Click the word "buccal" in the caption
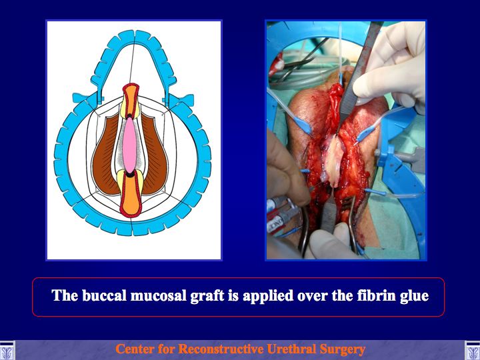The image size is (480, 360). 105,295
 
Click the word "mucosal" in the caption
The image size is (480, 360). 159,296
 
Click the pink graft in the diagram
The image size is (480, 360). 130,145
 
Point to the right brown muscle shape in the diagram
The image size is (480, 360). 155,156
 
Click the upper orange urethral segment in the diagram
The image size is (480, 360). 131,100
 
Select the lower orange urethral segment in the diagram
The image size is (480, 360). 131,197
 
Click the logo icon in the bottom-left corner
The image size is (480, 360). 7,351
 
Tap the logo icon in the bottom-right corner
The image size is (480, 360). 473,351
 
